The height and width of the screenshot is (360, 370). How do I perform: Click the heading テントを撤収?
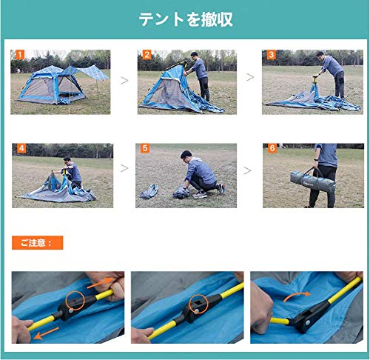click(x=186, y=19)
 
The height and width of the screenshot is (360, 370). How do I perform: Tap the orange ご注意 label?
click(x=38, y=243)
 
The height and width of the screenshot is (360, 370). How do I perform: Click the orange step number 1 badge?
click(x=20, y=55)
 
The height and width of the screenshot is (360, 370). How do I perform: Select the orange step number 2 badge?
click(x=147, y=55)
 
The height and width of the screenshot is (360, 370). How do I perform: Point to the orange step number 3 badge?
click(x=272, y=55)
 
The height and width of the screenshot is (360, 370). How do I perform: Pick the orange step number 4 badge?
click(x=21, y=148)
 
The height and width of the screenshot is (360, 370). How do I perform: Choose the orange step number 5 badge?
click(x=145, y=148)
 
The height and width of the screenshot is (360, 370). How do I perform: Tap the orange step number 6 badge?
click(x=272, y=148)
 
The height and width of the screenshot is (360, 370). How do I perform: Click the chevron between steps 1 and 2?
click(x=124, y=81)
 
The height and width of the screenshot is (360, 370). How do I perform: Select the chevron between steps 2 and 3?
click(x=250, y=77)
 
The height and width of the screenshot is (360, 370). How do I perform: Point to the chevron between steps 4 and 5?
click(x=124, y=168)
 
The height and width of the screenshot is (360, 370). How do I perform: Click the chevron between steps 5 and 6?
click(x=247, y=170)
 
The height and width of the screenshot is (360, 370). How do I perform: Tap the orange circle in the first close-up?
click(x=75, y=301)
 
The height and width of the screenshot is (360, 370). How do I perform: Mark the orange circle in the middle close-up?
click(x=198, y=304)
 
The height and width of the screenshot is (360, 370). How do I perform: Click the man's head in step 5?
click(x=186, y=156)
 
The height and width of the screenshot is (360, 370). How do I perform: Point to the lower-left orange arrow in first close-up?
click(x=46, y=333)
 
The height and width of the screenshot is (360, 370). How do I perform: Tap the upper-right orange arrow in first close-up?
click(x=101, y=283)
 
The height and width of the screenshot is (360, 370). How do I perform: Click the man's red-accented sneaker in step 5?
click(x=221, y=189)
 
